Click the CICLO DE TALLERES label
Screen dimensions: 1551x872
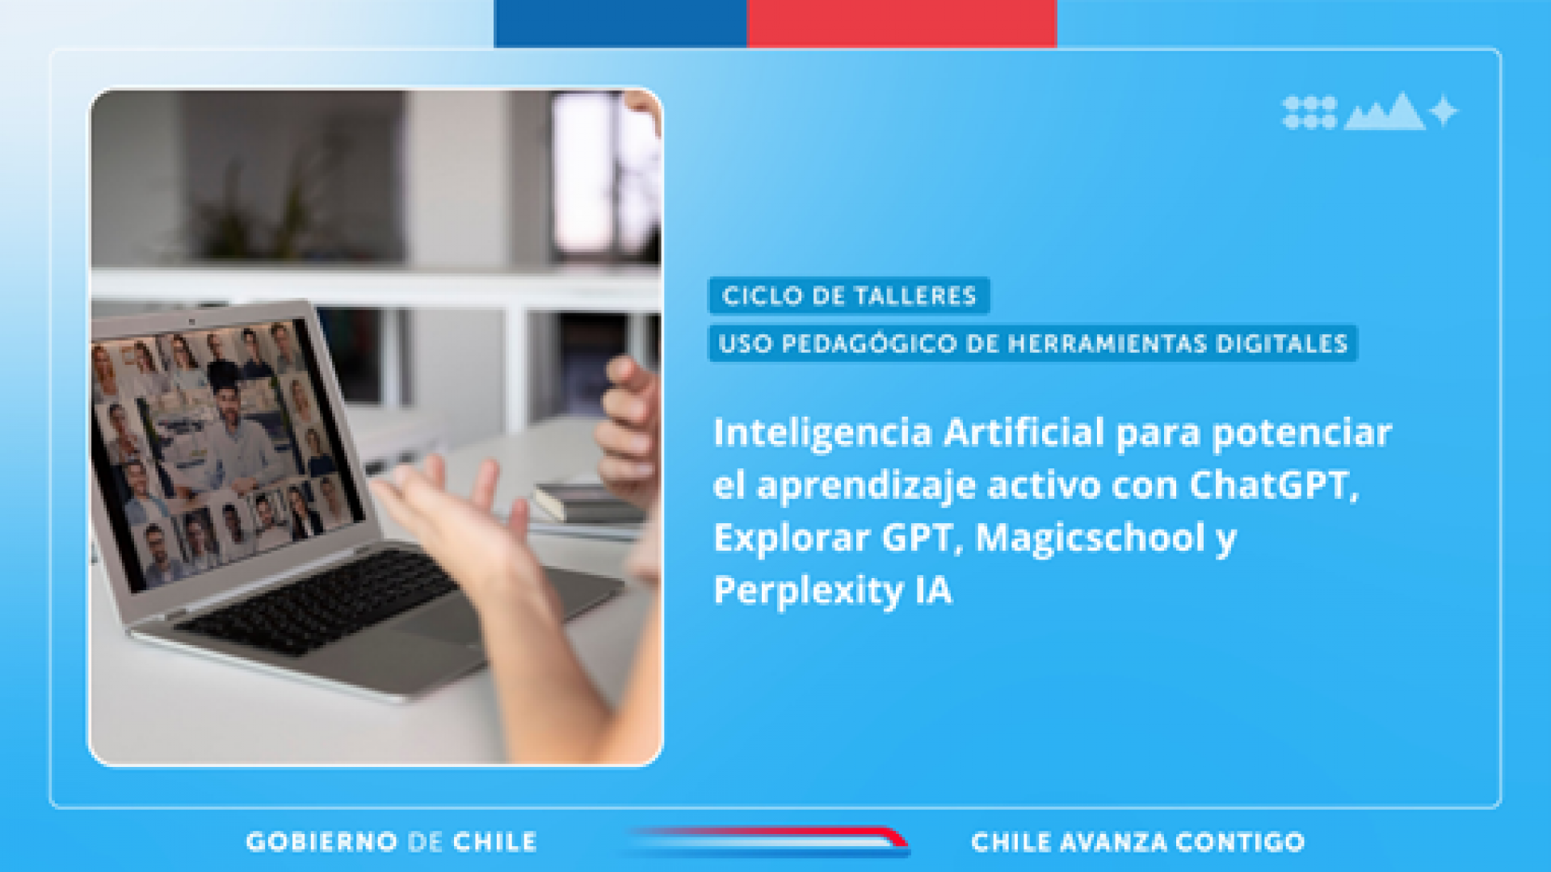(x=849, y=296)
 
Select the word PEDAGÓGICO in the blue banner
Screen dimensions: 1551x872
(x=869, y=344)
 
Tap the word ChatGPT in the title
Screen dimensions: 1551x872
(x=1274, y=484)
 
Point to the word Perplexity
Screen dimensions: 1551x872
(x=809, y=591)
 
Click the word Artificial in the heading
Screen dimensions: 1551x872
(x=1023, y=432)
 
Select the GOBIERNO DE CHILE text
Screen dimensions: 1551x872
(x=391, y=842)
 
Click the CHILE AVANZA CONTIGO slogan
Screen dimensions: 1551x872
(x=1137, y=842)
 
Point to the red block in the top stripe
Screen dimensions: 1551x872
(x=902, y=23)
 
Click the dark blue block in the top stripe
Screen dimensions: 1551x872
(x=620, y=23)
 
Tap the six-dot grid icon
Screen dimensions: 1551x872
(x=1309, y=112)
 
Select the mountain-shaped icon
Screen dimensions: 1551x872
(x=1385, y=113)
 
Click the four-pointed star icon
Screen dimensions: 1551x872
(x=1443, y=111)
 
